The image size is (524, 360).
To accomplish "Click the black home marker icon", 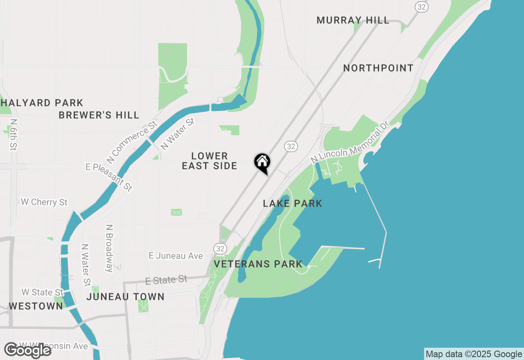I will click(x=262, y=162).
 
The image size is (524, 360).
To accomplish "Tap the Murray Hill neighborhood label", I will click(x=353, y=20).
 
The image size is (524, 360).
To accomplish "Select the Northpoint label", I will click(x=378, y=68).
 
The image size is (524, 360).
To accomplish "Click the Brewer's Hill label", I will click(x=99, y=115).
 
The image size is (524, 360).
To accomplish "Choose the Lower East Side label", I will click(x=210, y=161).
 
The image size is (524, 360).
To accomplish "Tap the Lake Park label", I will click(x=292, y=203).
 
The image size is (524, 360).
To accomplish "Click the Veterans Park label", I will click(x=258, y=264).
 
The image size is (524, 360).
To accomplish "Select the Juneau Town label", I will click(x=125, y=297).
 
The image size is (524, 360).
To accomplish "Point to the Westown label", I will click(x=36, y=306).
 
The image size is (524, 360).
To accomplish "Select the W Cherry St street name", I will click(x=44, y=202).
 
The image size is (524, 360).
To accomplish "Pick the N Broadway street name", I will click(x=109, y=248).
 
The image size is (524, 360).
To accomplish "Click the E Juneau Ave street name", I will click(x=176, y=256).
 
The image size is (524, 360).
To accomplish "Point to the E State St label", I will click(x=166, y=280).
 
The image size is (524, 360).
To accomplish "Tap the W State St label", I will click(x=43, y=292).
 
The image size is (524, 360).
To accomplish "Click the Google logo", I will click(x=28, y=350).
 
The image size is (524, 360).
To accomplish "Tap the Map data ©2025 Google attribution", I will click(x=474, y=354).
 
